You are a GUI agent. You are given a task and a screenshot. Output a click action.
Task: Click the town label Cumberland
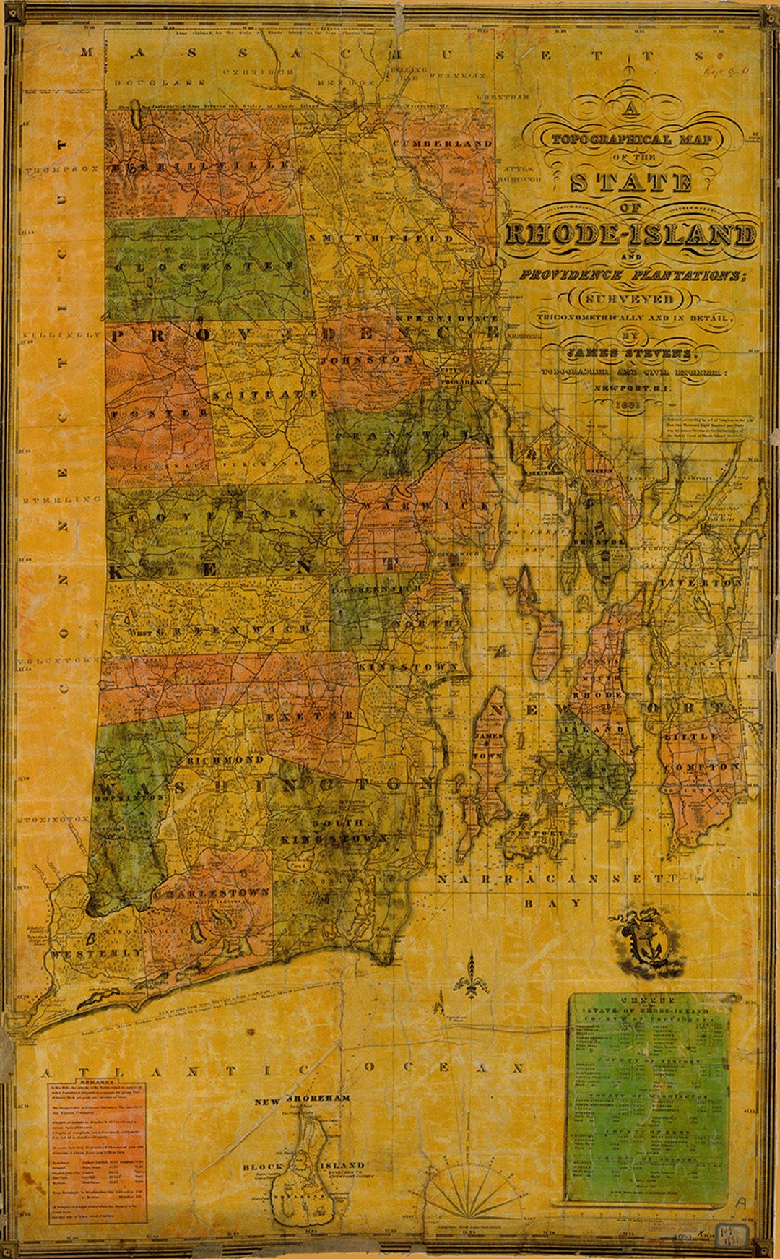pos(443,143)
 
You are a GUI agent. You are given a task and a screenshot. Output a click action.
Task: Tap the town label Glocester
pos(204,266)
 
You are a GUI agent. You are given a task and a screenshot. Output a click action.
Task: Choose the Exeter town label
pos(309,715)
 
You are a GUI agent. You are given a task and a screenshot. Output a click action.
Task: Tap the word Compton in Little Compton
pos(704,766)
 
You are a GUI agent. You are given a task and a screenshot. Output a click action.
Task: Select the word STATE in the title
pos(630,182)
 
